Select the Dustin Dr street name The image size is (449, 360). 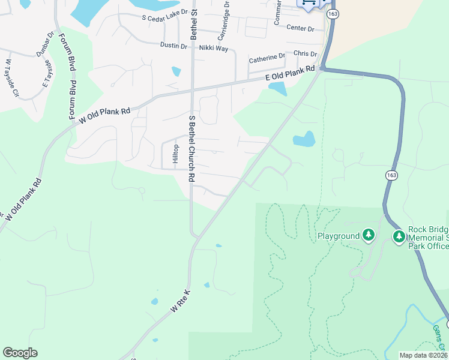[x=173, y=45]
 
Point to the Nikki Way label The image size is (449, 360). [x=214, y=47]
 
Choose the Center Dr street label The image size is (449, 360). [x=301, y=28]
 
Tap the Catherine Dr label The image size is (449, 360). [x=267, y=59]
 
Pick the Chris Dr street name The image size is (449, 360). [x=306, y=54]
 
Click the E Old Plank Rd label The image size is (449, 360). [x=291, y=74]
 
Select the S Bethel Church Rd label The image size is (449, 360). [x=192, y=148]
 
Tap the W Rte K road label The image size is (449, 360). [x=180, y=301]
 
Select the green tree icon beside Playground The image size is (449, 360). [x=369, y=235]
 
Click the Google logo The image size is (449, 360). [x=20, y=353]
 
